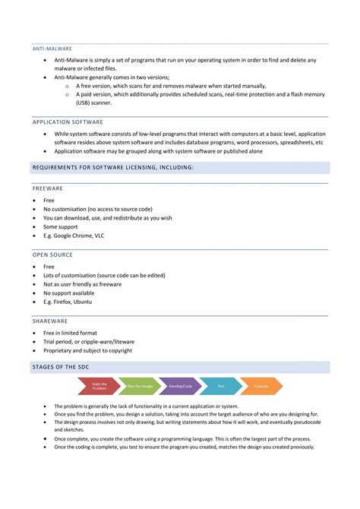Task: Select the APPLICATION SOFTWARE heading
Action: [x=68, y=122]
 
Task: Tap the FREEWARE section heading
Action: [x=47, y=188]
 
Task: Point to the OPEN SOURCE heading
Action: [x=52, y=254]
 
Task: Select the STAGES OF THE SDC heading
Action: [x=65, y=368]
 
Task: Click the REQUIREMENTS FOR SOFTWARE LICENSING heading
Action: [x=112, y=167]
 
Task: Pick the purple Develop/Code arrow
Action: [x=179, y=386]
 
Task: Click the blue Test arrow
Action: [x=220, y=386]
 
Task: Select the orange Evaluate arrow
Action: [x=261, y=386]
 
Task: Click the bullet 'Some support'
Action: [x=61, y=226]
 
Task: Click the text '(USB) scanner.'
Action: [x=94, y=103]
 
